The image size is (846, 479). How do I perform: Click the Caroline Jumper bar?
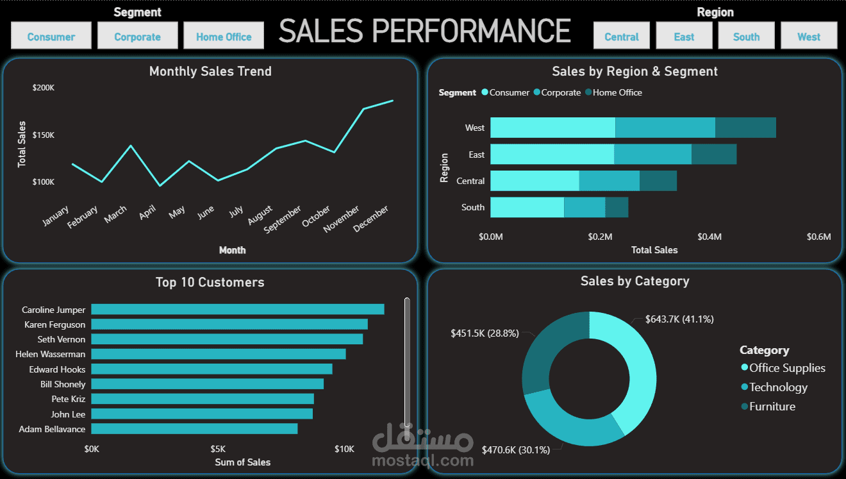point(238,309)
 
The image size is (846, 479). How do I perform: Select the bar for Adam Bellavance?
point(194,429)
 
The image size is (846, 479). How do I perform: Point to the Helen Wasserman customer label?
point(50,355)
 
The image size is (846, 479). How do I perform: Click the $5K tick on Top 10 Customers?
point(218,449)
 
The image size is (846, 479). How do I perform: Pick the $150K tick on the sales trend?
point(44,135)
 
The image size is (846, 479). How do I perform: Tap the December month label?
point(370,219)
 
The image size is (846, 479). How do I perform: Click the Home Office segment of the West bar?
point(745,128)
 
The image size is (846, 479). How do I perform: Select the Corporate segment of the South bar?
point(585,207)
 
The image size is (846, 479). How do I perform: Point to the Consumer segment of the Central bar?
point(535,181)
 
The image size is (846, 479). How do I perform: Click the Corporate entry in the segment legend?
point(558,92)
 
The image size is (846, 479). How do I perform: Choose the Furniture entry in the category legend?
point(768,407)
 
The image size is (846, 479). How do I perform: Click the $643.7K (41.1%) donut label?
point(679,319)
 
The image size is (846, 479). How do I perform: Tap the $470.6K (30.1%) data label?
point(516,450)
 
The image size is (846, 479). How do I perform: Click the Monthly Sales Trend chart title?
point(210,71)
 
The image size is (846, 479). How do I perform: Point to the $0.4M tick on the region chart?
point(709,237)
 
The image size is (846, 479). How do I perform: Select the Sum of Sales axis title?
point(243,462)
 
